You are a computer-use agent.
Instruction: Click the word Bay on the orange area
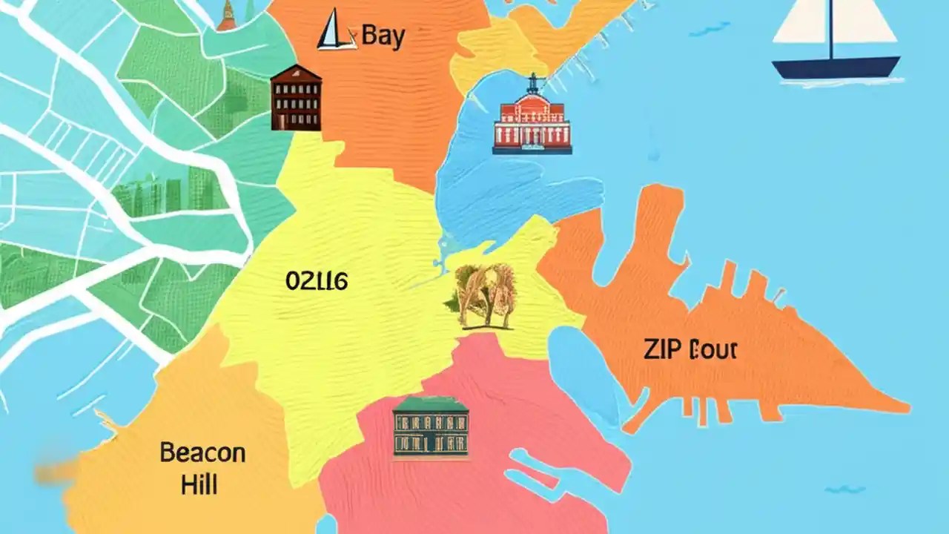(x=383, y=36)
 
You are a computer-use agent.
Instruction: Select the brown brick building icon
(x=297, y=98)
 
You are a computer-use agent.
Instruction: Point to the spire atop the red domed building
(x=532, y=79)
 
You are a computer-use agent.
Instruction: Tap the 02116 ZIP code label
(x=317, y=280)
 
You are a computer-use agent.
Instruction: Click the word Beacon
(x=202, y=452)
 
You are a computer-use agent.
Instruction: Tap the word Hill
(x=199, y=486)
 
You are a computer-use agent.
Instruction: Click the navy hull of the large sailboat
(x=836, y=68)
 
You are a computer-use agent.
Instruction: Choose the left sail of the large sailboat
(x=801, y=22)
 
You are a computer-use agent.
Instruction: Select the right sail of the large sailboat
(x=864, y=22)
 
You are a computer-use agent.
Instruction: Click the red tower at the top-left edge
(x=227, y=16)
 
